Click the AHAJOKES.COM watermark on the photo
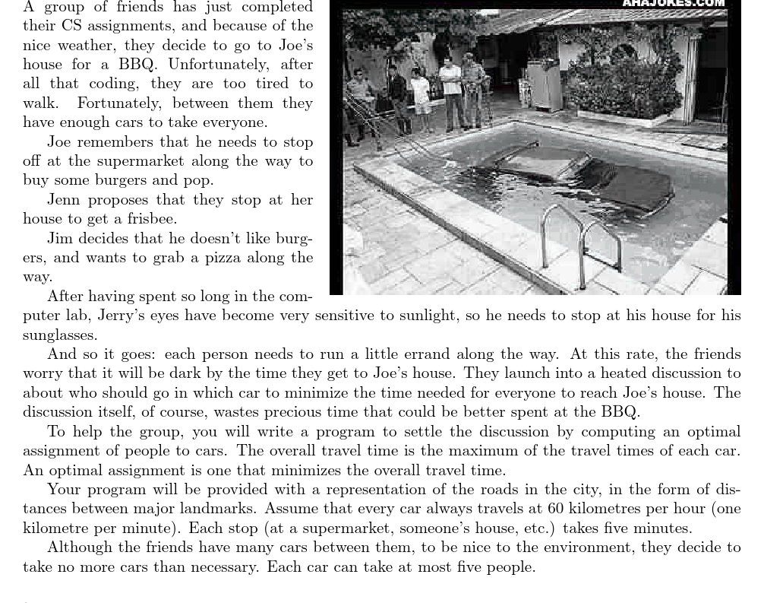coord(673,4)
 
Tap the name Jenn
coord(64,199)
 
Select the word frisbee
coord(151,219)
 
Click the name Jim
coord(60,238)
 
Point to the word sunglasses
coord(60,335)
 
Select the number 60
coord(557,509)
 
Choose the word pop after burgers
coord(198,180)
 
